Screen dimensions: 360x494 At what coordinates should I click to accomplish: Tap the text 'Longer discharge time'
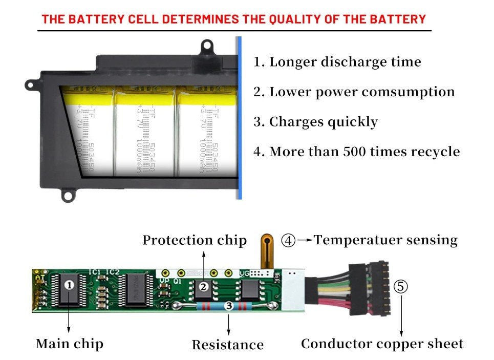tap(337, 62)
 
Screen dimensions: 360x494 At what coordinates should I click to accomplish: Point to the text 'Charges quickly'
tap(316, 122)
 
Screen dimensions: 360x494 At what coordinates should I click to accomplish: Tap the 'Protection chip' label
tap(195, 240)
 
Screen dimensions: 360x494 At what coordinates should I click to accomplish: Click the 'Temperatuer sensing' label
tap(385, 240)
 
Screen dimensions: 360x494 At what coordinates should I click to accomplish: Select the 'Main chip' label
tap(70, 344)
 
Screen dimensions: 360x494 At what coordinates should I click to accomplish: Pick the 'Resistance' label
tap(228, 345)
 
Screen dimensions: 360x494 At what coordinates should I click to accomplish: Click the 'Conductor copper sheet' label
tap(382, 344)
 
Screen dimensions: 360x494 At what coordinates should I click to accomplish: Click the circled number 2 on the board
tap(203, 287)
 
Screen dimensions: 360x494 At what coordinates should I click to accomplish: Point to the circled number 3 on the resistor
tap(229, 306)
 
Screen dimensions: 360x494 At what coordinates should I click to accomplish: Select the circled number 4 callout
tap(289, 241)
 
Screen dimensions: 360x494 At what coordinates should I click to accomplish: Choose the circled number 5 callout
tap(401, 287)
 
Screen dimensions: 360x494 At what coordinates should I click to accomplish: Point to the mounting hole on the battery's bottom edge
tap(68, 194)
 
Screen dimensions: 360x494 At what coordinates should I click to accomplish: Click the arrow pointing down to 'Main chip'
tap(70, 320)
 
